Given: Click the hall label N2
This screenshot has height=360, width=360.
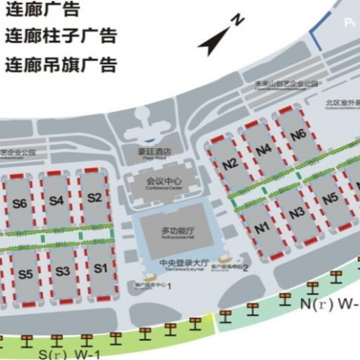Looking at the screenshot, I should (x=230, y=163).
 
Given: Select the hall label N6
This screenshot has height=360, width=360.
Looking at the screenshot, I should (x=298, y=135).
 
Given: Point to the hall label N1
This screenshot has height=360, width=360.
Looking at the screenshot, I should (x=262, y=228).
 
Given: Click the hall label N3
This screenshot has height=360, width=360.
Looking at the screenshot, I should (x=296, y=213).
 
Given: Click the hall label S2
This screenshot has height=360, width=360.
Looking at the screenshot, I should (x=94, y=197).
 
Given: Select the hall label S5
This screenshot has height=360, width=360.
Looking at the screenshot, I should (x=26, y=274).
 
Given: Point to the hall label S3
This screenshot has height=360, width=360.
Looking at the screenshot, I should (x=63, y=271).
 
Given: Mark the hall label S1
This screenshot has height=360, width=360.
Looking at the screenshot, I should (x=101, y=268).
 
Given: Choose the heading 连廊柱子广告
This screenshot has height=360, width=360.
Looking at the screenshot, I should (x=60, y=36).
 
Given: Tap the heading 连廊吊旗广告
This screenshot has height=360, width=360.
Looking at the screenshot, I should (x=60, y=64).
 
